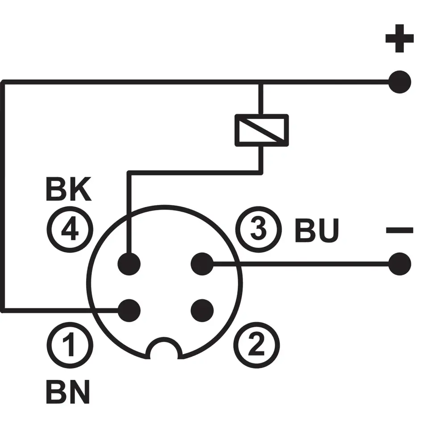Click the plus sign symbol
click(x=399, y=39)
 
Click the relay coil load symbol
click(x=261, y=130)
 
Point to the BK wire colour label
click(x=68, y=190)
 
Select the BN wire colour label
click(x=68, y=392)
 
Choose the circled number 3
click(x=259, y=229)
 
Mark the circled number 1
click(x=70, y=346)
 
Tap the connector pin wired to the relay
click(x=129, y=264)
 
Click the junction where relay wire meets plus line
click(x=261, y=82)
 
